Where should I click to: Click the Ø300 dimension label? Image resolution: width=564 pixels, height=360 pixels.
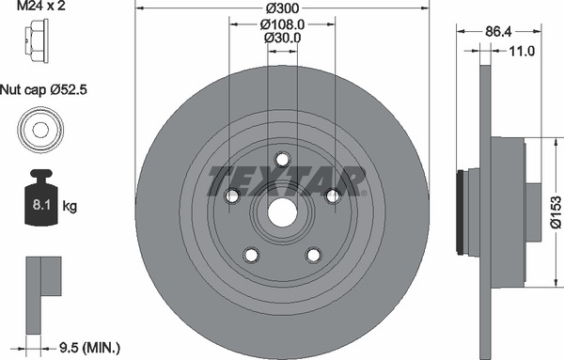coord(282,8)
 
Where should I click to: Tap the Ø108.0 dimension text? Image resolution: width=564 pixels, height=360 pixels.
coord(282,24)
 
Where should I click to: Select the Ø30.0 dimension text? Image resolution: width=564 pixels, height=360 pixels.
coord(282,38)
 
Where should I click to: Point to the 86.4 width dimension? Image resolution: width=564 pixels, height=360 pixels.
coord(498,32)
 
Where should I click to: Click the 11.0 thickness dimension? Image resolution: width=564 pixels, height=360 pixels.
coord(522,51)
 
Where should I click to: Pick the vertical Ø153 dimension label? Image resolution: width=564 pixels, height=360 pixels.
coord(556,211)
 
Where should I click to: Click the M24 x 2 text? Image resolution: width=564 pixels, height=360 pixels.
coord(41,6)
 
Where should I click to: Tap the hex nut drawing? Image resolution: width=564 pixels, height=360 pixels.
coord(37,41)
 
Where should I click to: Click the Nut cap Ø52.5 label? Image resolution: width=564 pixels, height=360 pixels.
coord(43,89)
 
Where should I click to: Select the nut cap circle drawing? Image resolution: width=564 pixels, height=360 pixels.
coord(40,130)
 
